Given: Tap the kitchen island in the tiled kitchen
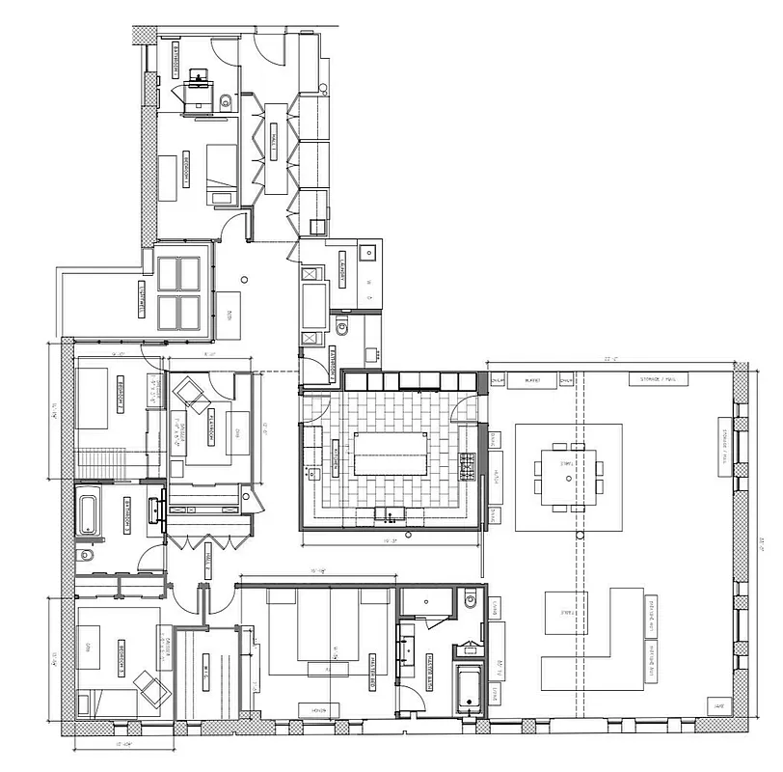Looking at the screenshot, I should click(391, 453).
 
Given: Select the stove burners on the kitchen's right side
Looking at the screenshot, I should click(467, 468).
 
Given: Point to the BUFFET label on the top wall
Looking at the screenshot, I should click(532, 381).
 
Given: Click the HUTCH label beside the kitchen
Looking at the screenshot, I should click(496, 475).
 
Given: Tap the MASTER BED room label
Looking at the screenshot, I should click(371, 667).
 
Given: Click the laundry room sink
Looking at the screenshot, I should click(366, 253).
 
